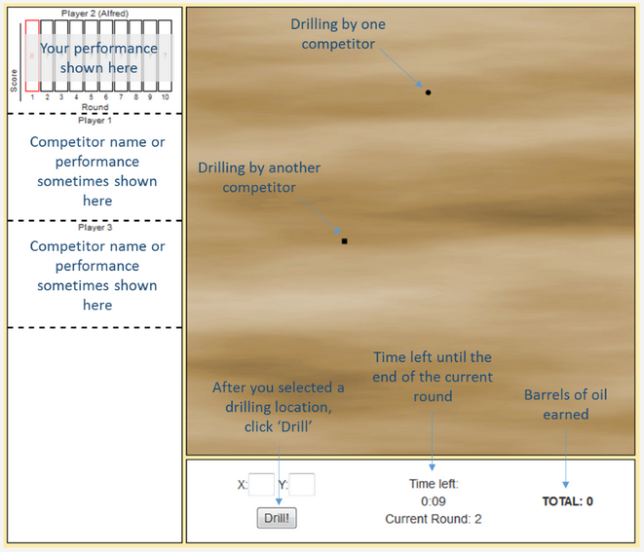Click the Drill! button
point(278,518)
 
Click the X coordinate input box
point(261,484)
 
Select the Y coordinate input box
point(302,484)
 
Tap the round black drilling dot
point(428,92)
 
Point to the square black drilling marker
point(344,240)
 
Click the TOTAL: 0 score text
point(567,501)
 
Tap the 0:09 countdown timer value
point(433,500)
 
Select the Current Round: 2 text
point(433,518)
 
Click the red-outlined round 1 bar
point(32,55)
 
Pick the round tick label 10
point(166,97)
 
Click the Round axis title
point(95,106)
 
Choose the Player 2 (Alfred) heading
point(95,14)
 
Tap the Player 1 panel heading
point(95,121)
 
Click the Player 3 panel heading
point(95,227)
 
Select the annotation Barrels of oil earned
point(565,404)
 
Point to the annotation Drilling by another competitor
point(258,177)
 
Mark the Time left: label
point(433,483)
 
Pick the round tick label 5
point(91,97)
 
